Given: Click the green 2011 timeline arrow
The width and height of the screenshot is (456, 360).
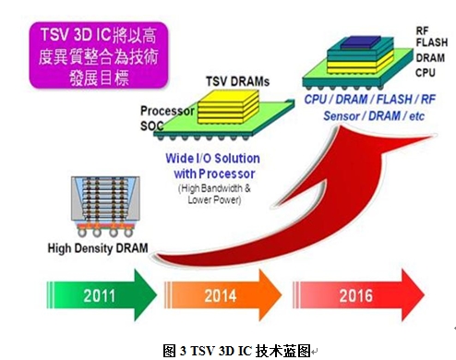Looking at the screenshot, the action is (x=102, y=295).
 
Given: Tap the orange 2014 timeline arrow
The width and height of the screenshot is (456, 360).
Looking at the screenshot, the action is (x=223, y=295).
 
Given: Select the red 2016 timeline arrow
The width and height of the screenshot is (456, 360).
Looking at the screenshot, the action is (x=358, y=295).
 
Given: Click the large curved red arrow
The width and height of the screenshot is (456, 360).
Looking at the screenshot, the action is (x=307, y=212).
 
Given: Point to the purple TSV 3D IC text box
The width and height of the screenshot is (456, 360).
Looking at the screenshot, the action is (x=99, y=55).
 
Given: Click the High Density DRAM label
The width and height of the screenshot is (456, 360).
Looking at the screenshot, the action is (x=98, y=248).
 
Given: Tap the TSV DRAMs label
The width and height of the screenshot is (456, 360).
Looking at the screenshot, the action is (x=237, y=81).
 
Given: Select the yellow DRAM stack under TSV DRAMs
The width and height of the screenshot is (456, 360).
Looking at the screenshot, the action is (x=228, y=106).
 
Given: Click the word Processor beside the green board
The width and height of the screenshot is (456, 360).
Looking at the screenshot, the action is (x=167, y=111).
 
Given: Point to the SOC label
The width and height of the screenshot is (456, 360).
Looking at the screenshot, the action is (x=151, y=126).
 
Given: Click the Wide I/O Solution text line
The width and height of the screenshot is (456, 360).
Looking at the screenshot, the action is (x=212, y=159).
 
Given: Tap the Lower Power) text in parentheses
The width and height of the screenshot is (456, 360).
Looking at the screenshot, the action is (x=214, y=200).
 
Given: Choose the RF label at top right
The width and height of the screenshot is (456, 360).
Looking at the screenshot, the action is (x=422, y=30).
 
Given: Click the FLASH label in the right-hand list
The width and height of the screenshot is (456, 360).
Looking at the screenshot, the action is (x=432, y=42).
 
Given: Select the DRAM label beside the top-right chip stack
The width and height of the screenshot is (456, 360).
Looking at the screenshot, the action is (x=430, y=58).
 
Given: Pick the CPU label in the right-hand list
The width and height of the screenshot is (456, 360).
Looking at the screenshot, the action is (x=426, y=73).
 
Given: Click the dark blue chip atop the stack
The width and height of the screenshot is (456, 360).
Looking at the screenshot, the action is (x=361, y=42).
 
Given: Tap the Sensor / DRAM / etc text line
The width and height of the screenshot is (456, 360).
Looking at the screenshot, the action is (x=374, y=116).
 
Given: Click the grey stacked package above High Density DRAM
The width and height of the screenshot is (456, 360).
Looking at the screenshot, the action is (x=105, y=206).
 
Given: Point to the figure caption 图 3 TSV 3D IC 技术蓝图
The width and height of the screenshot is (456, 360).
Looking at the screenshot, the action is (x=236, y=351).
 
